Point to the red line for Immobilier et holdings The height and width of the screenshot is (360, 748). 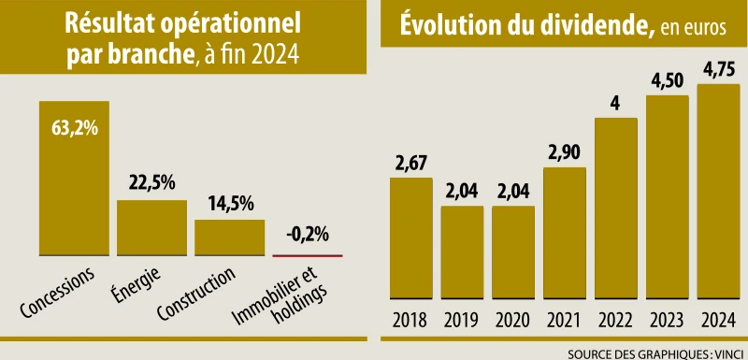tap(307, 255)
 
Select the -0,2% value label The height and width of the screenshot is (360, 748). tap(307, 235)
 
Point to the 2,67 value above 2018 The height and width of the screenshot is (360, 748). tap(410, 163)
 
